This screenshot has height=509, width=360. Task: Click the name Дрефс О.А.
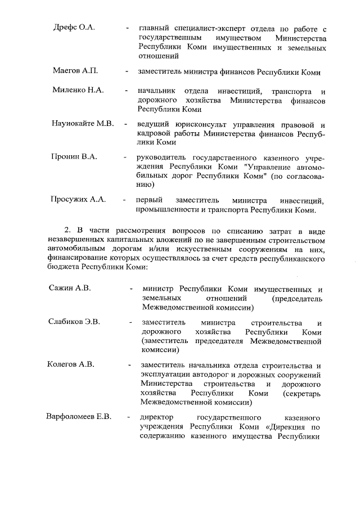point(74,28)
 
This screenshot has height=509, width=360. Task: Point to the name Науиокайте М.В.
point(83,123)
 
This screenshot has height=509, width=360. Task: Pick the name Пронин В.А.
point(74,156)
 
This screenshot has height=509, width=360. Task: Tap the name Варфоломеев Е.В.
point(79,417)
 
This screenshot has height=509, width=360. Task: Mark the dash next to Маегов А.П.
point(127,72)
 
